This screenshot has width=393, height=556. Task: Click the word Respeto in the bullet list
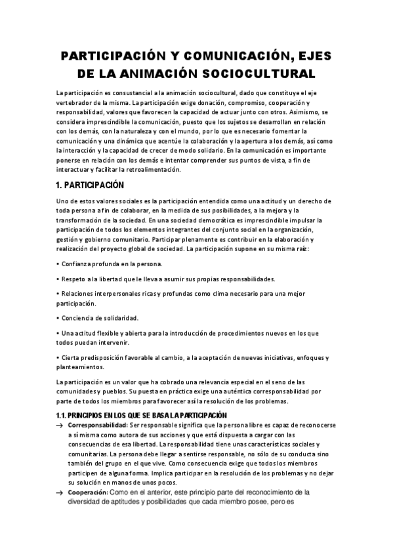pyautogui.click(x=75, y=279)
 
